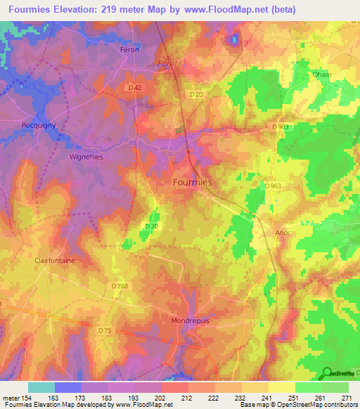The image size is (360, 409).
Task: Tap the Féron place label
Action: point(129,50)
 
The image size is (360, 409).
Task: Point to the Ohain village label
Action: point(321,74)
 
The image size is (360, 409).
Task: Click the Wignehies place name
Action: point(86,157)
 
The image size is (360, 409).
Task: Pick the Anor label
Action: point(283,232)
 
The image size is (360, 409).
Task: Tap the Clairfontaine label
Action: point(54,260)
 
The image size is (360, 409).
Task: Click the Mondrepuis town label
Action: point(190,320)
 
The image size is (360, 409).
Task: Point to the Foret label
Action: point(168,63)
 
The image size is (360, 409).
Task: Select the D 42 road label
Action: point(136,87)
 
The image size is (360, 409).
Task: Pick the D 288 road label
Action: point(120,285)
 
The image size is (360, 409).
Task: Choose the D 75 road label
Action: point(105,330)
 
